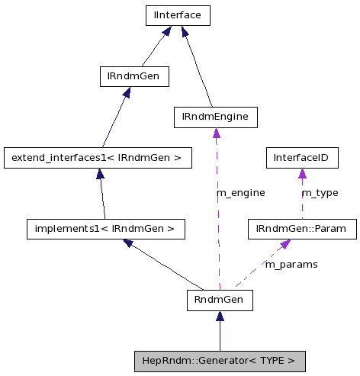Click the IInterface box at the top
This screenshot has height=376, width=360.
(x=177, y=14)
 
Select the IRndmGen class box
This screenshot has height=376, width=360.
(x=133, y=76)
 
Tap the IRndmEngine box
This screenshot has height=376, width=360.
(x=215, y=117)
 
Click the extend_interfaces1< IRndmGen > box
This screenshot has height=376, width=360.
(x=96, y=158)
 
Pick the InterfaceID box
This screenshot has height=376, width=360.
(x=301, y=158)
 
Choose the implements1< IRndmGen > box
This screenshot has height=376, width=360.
(x=105, y=228)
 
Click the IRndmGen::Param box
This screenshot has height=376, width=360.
(x=302, y=228)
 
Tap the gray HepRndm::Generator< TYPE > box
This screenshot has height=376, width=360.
(x=220, y=360)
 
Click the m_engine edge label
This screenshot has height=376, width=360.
(x=241, y=193)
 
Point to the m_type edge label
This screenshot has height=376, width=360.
(x=320, y=193)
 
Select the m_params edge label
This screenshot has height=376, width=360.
(x=291, y=264)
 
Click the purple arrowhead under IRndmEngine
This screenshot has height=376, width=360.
(x=216, y=133)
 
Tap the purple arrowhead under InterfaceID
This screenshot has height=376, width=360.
(x=301, y=174)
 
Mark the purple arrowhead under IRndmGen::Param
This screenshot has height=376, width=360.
(x=284, y=244)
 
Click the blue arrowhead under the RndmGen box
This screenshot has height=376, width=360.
(x=220, y=316)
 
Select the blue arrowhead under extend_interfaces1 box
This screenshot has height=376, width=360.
(x=100, y=174)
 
